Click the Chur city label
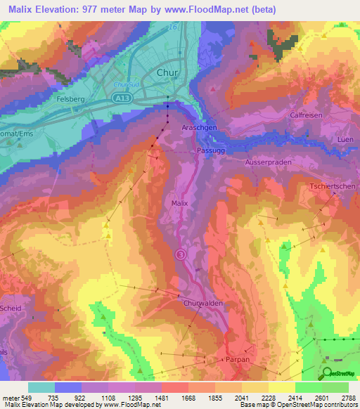tap(167, 72)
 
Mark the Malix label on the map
tap(180, 202)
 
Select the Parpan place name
tap(234, 358)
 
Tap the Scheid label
tap(11, 309)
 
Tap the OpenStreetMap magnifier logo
tap(327, 373)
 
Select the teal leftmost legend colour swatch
tap(41, 387)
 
